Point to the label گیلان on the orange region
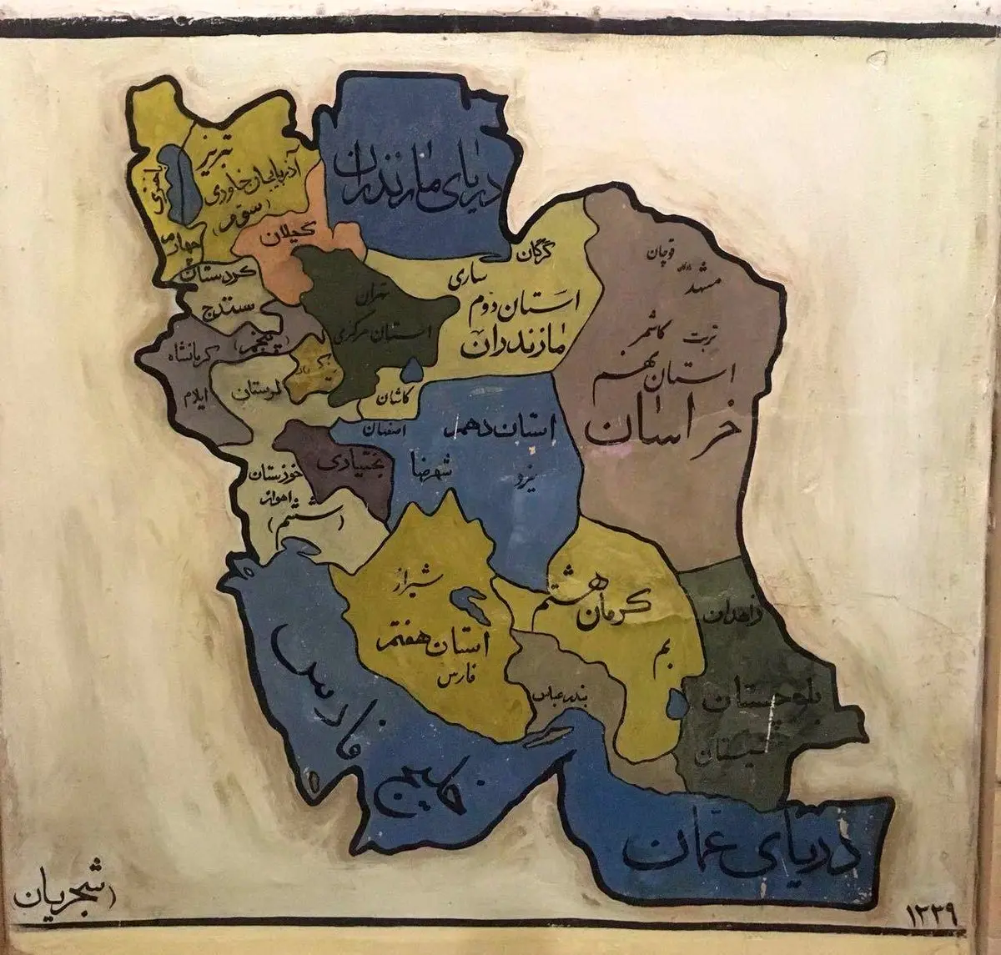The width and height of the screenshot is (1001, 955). (x=290, y=236)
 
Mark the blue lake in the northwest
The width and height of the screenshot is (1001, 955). (x=174, y=178)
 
